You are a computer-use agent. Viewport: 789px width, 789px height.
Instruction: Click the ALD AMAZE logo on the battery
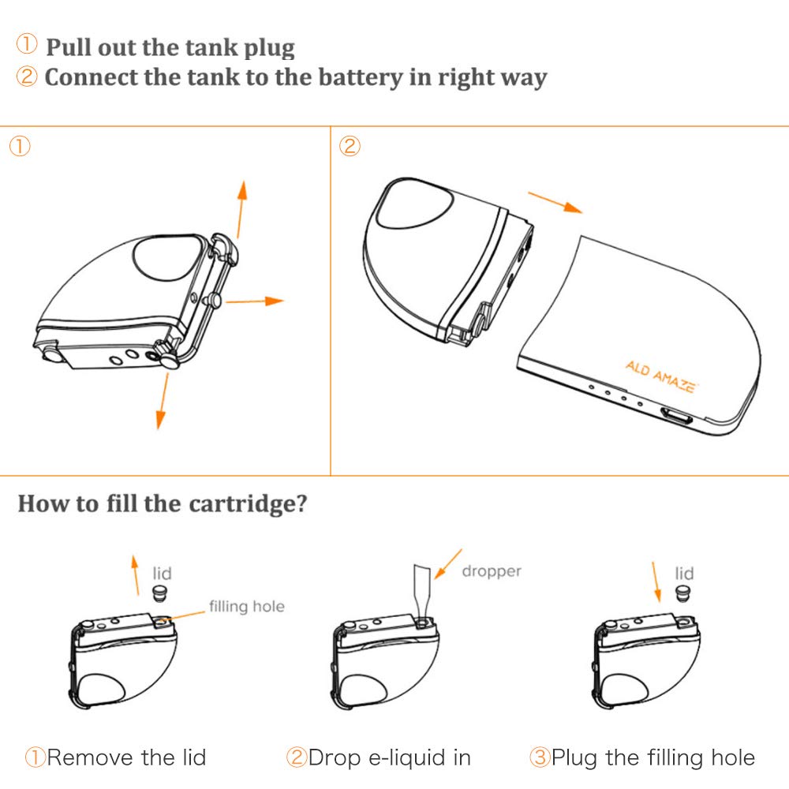pyautogui.click(x=661, y=376)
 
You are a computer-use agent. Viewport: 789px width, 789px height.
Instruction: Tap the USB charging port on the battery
pyautogui.click(x=677, y=417)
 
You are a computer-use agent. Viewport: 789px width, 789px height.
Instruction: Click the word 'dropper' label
pyautogui.click(x=491, y=571)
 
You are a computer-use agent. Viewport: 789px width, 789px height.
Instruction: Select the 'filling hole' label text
pyautogui.click(x=246, y=606)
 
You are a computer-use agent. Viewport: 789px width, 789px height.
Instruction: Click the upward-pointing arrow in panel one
pyautogui.click(x=241, y=209)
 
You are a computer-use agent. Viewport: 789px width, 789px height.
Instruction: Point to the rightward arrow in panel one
pyautogui.click(x=255, y=301)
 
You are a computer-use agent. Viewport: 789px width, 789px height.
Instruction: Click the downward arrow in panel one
pyautogui.click(x=163, y=401)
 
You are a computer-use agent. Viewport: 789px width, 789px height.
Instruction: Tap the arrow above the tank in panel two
pyautogui.click(x=555, y=202)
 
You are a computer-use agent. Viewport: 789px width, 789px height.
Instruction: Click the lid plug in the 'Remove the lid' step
pyautogui.click(x=160, y=593)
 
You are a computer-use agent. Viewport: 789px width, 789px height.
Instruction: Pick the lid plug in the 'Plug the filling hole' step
pyautogui.click(x=682, y=593)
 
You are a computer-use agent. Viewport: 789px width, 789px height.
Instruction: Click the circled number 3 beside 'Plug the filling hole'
pyautogui.click(x=540, y=757)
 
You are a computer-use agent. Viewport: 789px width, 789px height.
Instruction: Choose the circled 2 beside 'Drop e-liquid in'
pyautogui.click(x=297, y=757)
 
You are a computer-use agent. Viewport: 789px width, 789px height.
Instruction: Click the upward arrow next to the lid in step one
pyautogui.click(x=136, y=575)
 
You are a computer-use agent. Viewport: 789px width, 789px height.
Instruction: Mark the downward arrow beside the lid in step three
pyautogui.click(x=656, y=581)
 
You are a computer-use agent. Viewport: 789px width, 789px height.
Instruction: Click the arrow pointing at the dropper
pyautogui.click(x=448, y=564)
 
